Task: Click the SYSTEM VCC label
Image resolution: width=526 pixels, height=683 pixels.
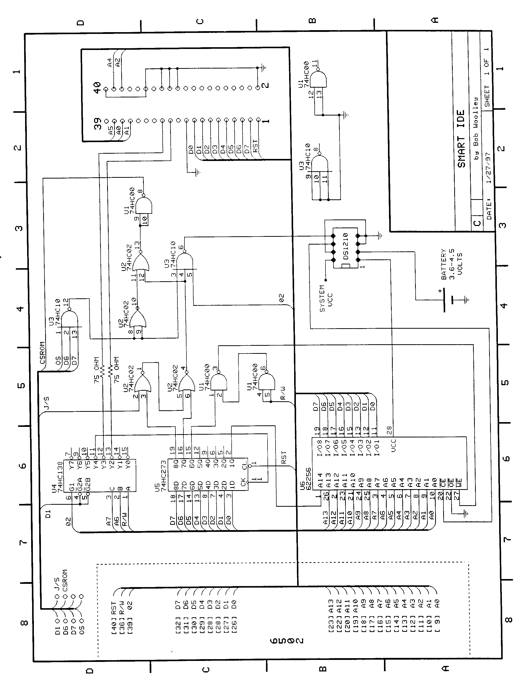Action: pos(326,298)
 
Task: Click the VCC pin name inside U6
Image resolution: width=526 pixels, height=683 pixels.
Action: pos(393,446)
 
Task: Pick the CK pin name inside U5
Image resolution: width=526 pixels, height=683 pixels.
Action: pos(243,483)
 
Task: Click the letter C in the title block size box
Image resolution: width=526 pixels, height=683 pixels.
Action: pos(477,223)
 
